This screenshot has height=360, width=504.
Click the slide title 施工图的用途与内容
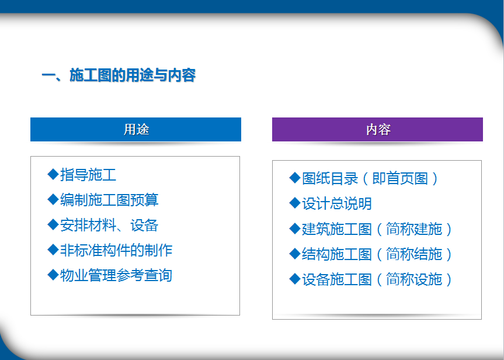click(x=133, y=75)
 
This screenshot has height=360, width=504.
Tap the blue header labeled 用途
click(x=135, y=129)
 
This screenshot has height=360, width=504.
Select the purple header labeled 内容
click(x=377, y=129)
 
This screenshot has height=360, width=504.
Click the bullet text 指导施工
click(x=88, y=175)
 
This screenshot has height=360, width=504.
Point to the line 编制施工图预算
click(x=109, y=200)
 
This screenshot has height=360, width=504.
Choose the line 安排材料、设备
click(x=109, y=225)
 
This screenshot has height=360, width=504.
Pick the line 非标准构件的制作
click(x=116, y=250)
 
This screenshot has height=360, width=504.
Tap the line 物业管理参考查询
click(x=116, y=275)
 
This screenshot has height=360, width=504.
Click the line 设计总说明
click(x=337, y=203)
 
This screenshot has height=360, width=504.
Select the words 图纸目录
click(x=330, y=179)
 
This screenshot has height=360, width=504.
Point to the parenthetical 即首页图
click(x=400, y=179)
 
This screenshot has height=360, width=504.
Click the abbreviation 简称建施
click(x=414, y=229)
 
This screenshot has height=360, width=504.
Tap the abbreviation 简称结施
click(x=414, y=254)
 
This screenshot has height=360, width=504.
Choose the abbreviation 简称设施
click(x=414, y=279)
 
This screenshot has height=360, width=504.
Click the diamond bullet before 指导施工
click(x=53, y=174)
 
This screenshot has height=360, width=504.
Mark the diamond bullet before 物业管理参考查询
click(x=53, y=275)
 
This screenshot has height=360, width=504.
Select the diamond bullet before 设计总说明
click(x=295, y=203)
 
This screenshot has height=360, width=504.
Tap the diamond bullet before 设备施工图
click(x=295, y=279)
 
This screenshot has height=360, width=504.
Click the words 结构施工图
click(x=337, y=254)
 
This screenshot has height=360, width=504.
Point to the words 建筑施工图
click(x=337, y=229)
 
